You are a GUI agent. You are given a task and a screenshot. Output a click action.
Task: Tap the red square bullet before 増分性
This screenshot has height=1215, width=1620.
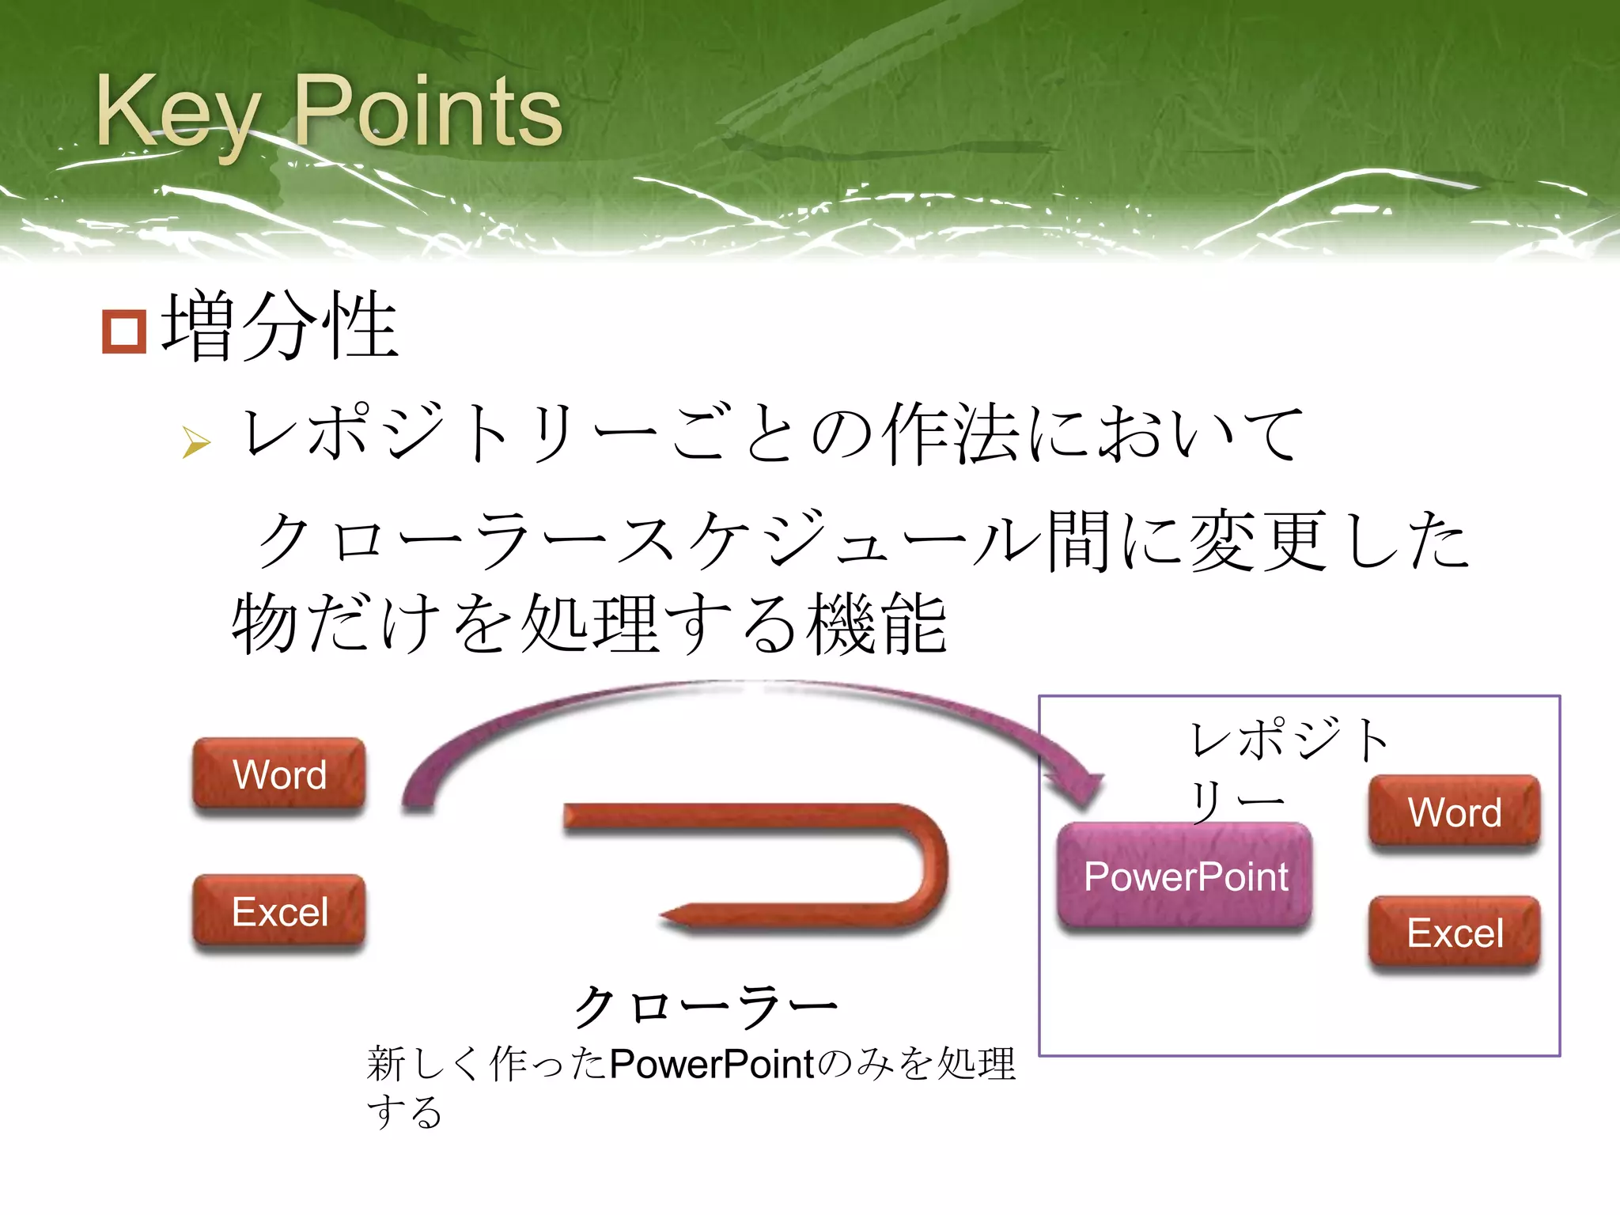124,331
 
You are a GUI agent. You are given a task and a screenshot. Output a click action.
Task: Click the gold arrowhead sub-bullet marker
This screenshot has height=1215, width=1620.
195,442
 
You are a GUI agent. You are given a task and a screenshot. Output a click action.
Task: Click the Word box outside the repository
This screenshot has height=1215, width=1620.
279,774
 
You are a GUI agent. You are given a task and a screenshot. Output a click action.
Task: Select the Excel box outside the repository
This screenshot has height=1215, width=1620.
279,911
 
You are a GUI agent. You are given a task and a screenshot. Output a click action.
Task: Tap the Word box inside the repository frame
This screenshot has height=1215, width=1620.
1454,812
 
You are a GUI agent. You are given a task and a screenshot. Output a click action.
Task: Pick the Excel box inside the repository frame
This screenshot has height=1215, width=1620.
1454,933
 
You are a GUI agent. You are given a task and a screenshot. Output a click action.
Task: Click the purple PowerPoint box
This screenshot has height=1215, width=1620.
1185,876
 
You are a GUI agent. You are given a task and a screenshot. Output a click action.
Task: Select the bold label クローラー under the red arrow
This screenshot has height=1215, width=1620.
704,1007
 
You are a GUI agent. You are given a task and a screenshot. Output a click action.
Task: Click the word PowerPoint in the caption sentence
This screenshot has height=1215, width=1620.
712,1064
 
